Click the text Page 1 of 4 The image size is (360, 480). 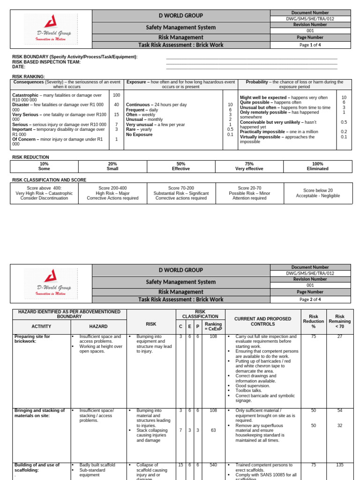coord(310,45)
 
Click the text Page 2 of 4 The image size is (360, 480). coord(310,299)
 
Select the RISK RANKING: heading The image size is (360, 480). coord(29,76)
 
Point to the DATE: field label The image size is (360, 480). coord(19,67)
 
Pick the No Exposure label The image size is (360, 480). coord(139,135)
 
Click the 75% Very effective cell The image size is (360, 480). coord(249,166)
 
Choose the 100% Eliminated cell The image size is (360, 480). coord(317,166)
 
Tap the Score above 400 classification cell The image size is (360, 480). coord(44,193)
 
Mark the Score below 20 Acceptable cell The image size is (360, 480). coord(318,193)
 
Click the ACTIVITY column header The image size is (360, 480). coord(41,326)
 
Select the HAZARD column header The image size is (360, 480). coord(98,326)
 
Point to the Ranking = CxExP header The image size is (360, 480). coord(213,326)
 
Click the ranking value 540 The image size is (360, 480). coord(213,465)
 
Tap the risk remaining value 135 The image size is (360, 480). coord(340,465)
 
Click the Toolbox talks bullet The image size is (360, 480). coord(249,390)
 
